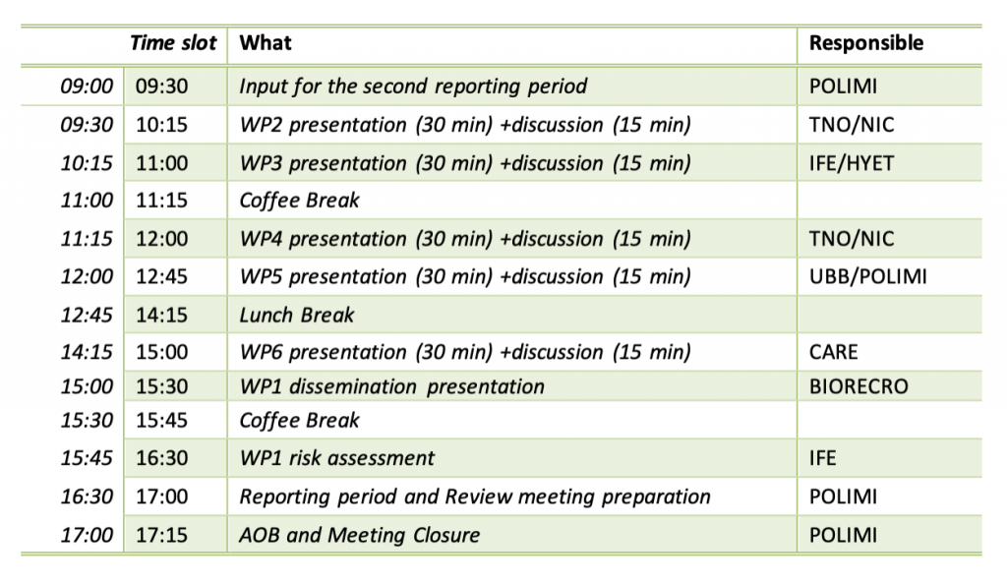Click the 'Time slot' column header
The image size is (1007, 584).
pos(173,43)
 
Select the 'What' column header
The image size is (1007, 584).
pos(266,43)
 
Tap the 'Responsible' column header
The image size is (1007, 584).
pos(865,43)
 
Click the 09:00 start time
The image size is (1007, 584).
pos(87,86)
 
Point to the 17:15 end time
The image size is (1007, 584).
pos(162,535)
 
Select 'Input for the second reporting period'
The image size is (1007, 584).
pos(413,87)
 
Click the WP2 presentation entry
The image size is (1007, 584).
pos(465,125)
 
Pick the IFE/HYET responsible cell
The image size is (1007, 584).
pos(851,163)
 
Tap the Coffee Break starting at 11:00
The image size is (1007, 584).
pos(299,201)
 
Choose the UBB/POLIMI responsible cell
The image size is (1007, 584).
pos(867,276)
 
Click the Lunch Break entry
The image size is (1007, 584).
pos(297,315)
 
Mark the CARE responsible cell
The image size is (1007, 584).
pos(833,352)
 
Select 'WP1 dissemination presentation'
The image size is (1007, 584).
pos(391,387)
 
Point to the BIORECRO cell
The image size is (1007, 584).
pos(859,387)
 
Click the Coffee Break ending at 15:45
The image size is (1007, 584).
pos(299,421)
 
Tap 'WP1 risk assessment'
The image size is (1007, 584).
pos(337,458)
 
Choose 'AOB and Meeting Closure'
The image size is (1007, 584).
pos(360,535)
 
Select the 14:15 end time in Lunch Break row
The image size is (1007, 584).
pos(162,315)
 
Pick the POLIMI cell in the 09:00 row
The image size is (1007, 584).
pos(843,86)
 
